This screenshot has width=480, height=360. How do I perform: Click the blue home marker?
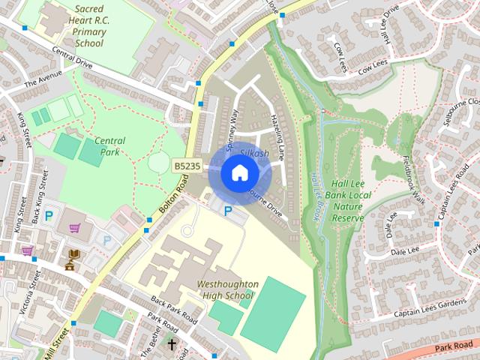click(239, 172)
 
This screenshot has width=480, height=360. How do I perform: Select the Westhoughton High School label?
click(227, 290)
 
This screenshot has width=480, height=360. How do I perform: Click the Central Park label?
click(109, 146)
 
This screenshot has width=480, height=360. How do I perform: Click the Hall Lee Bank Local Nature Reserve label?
click(347, 199)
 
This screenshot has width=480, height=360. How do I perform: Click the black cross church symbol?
click(172, 345)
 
